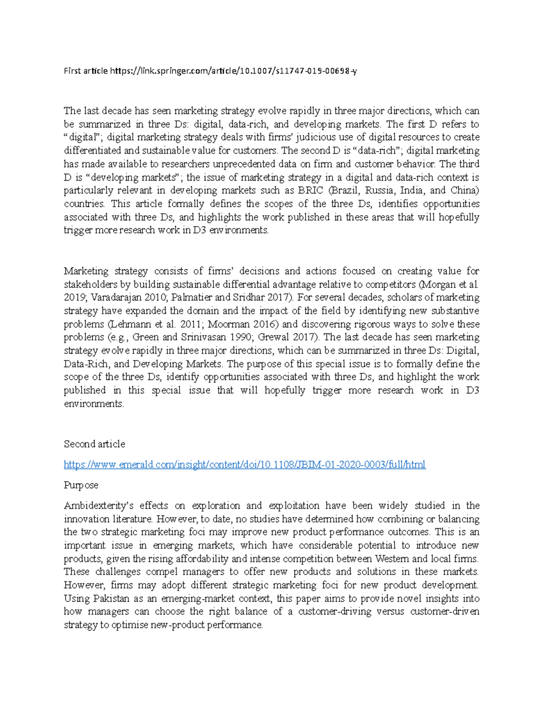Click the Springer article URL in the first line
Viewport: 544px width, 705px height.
pos(233,71)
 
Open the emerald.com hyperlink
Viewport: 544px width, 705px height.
pos(244,464)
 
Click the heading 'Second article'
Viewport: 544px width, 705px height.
pos(94,444)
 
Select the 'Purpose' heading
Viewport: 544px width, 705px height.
pos(81,485)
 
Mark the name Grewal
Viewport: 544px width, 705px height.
pos(272,337)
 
